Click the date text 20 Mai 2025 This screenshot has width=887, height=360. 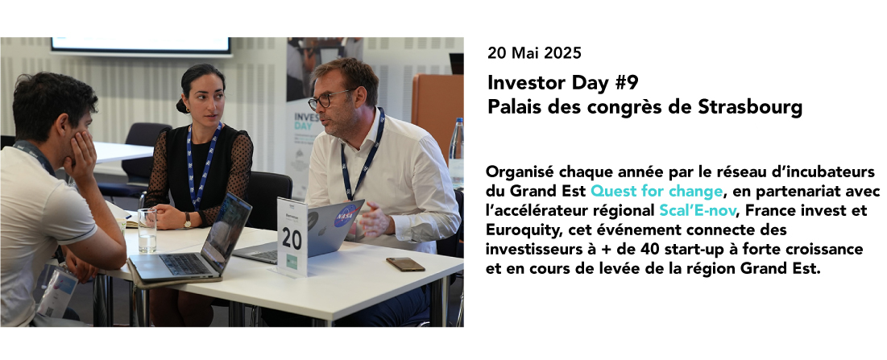click(534, 53)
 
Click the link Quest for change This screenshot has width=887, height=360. click(657, 191)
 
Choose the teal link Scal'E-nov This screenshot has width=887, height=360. click(698, 211)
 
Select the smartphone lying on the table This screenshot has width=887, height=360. click(405, 264)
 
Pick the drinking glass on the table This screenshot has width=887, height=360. click(147, 230)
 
